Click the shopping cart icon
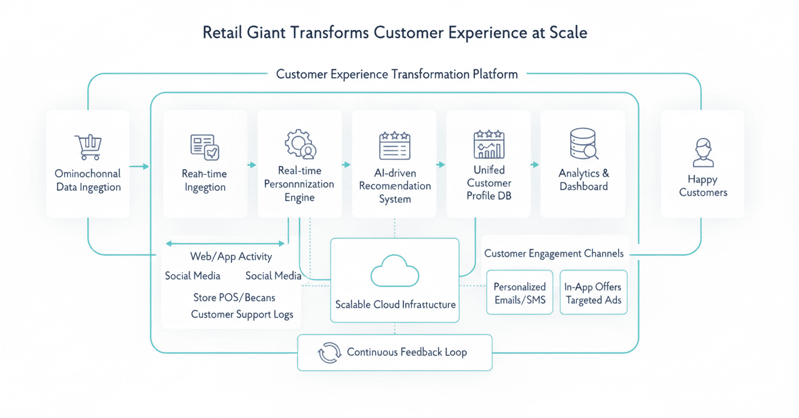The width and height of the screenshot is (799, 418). [x=88, y=147]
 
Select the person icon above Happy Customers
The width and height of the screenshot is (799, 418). [x=703, y=153]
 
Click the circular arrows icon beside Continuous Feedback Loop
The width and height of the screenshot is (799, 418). [x=329, y=353]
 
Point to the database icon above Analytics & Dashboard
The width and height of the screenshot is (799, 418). [x=583, y=144]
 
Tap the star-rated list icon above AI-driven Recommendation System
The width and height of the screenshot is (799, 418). [x=394, y=145]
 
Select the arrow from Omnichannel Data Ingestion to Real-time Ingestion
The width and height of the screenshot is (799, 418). [x=138, y=166]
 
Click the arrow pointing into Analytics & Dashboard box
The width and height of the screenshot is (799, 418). [x=535, y=165]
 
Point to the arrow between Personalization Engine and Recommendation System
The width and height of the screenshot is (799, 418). [x=346, y=165]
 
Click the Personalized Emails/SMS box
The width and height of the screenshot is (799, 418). [x=520, y=292]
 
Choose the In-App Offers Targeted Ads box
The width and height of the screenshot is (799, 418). [x=593, y=292]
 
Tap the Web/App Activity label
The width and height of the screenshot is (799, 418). [x=231, y=257]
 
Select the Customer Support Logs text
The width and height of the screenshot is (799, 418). [x=242, y=314]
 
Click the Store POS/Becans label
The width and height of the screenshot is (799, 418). [x=234, y=297]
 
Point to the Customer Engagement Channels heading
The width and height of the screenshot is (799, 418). [x=553, y=253]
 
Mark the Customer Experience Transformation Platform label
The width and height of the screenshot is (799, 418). [x=397, y=74]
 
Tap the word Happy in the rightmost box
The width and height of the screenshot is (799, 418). [x=703, y=179]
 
